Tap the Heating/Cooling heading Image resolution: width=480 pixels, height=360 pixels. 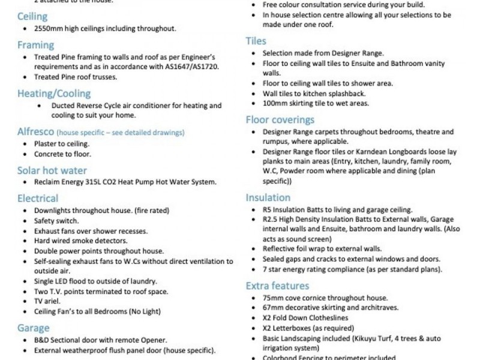(55, 94)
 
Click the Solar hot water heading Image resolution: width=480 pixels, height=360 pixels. (52, 171)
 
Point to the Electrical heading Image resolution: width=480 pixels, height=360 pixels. (38, 199)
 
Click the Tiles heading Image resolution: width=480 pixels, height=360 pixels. (256, 41)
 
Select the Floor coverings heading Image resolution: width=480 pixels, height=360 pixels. (280, 120)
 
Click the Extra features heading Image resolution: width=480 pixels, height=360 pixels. (278, 286)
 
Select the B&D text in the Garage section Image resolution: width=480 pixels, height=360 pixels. (42, 340)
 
